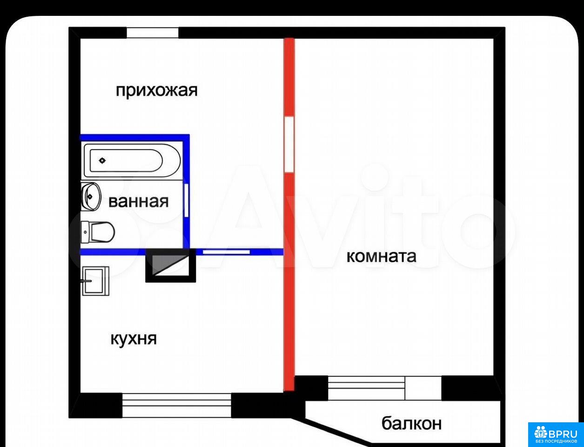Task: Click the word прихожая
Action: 157,91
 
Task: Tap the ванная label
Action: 139,202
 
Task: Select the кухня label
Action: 134,339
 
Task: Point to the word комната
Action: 382,257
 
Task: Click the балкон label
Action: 412,423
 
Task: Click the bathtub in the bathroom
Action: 132,161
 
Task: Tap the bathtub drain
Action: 102,161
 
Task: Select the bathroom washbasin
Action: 91,197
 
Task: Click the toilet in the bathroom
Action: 98,232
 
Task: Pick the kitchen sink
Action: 95,281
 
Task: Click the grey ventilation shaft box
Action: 170,265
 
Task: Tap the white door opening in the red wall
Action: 289,144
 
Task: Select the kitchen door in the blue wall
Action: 227,252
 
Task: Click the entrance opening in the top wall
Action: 153,33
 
